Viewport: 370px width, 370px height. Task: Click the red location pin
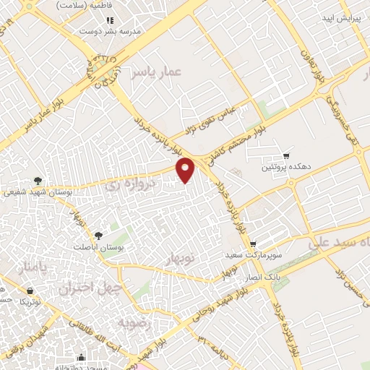pyautogui.click(x=186, y=169)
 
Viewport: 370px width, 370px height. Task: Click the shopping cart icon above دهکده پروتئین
pyautogui.click(x=285, y=155)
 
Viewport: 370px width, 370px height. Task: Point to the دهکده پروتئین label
pyautogui.click(x=286, y=167)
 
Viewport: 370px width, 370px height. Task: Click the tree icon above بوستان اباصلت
pyautogui.click(x=99, y=235)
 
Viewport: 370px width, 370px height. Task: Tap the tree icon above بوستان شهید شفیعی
pyautogui.click(x=38, y=181)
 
